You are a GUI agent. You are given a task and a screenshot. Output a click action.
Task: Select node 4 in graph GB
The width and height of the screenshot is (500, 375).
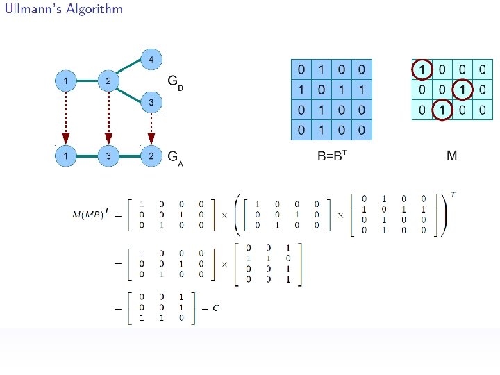click(151, 58)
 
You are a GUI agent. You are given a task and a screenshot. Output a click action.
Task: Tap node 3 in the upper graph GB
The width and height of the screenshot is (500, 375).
click(151, 103)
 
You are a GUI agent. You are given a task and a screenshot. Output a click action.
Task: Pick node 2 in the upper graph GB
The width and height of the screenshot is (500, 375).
click(108, 81)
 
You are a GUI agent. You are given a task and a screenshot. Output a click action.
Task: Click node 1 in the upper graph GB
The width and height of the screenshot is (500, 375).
click(65, 81)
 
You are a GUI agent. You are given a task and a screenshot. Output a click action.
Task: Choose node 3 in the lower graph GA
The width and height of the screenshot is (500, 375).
click(108, 156)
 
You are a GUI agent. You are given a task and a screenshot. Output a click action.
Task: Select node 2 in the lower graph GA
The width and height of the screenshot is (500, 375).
click(151, 156)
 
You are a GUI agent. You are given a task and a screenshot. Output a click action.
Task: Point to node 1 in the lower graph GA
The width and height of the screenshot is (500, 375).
click(65, 156)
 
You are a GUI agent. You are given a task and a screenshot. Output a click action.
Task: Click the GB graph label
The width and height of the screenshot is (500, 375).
click(176, 81)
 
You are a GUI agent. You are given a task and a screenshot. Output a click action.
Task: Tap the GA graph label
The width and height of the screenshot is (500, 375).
click(176, 157)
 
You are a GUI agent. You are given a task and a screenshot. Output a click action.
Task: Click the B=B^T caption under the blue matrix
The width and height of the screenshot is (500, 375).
click(332, 156)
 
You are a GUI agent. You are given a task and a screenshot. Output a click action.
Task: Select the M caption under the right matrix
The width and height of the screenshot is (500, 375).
click(451, 155)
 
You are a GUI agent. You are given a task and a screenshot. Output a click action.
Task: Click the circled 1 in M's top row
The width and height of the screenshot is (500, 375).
click(421, 70)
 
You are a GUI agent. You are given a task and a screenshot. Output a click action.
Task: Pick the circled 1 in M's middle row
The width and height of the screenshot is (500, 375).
click(461, 90)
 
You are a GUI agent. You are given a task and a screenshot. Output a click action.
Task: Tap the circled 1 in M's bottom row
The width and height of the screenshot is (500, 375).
click(441, 110)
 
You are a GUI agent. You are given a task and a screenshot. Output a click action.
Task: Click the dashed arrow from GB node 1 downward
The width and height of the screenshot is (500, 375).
click(65, 115)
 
